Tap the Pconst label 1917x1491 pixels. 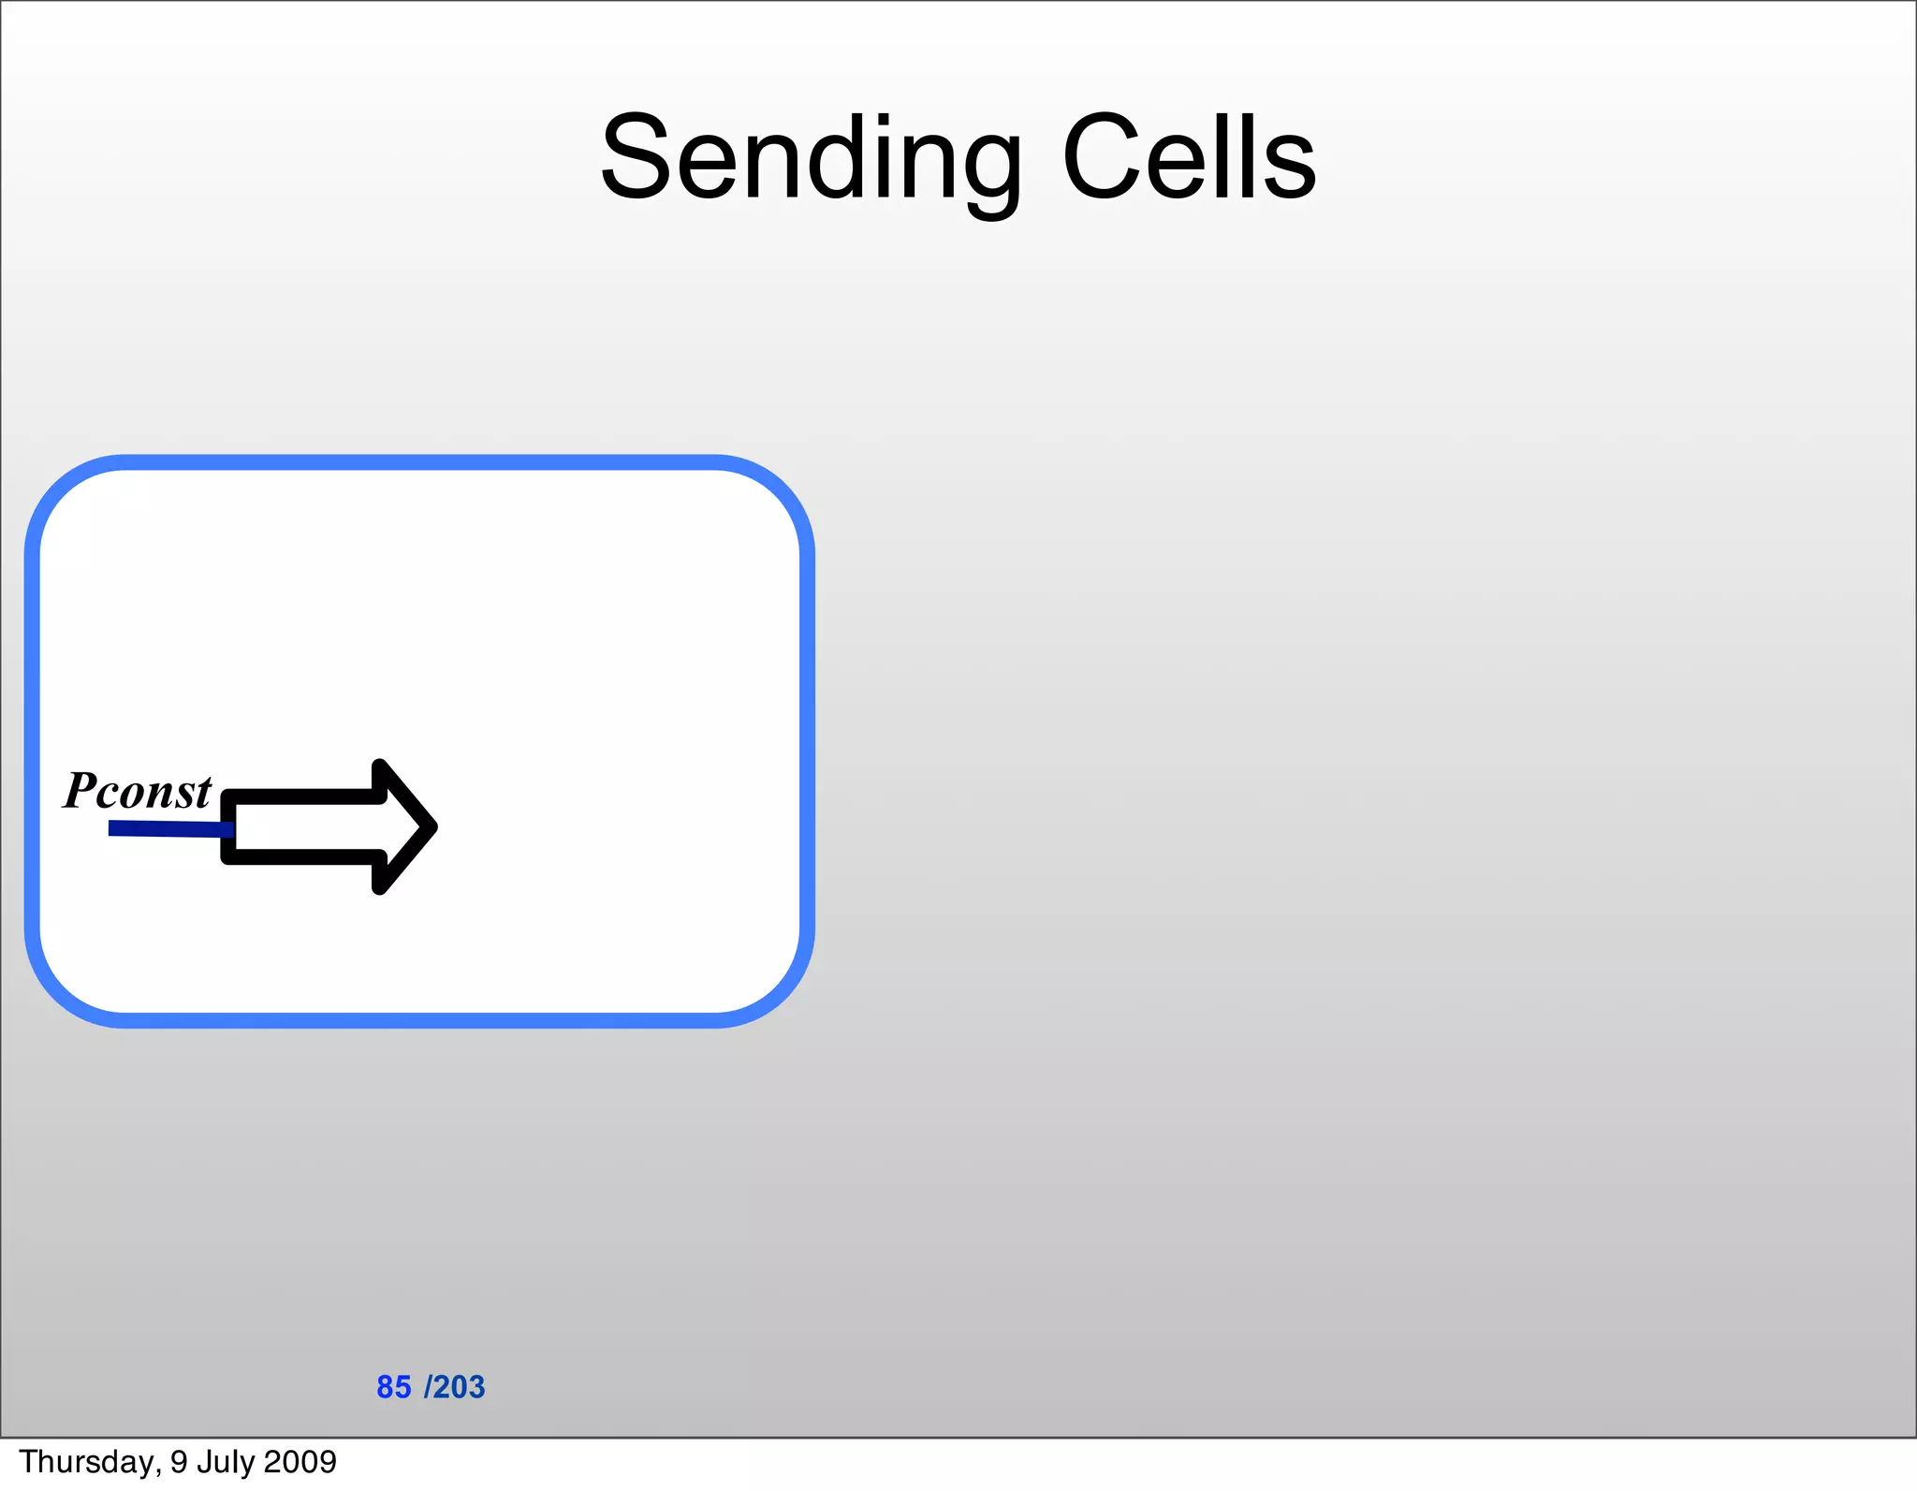138,791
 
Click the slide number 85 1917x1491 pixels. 393,1387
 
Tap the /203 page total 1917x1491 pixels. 455,1387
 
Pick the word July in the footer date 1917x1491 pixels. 225,1462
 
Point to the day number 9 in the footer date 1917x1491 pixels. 179,1462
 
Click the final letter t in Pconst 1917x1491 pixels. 203,793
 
